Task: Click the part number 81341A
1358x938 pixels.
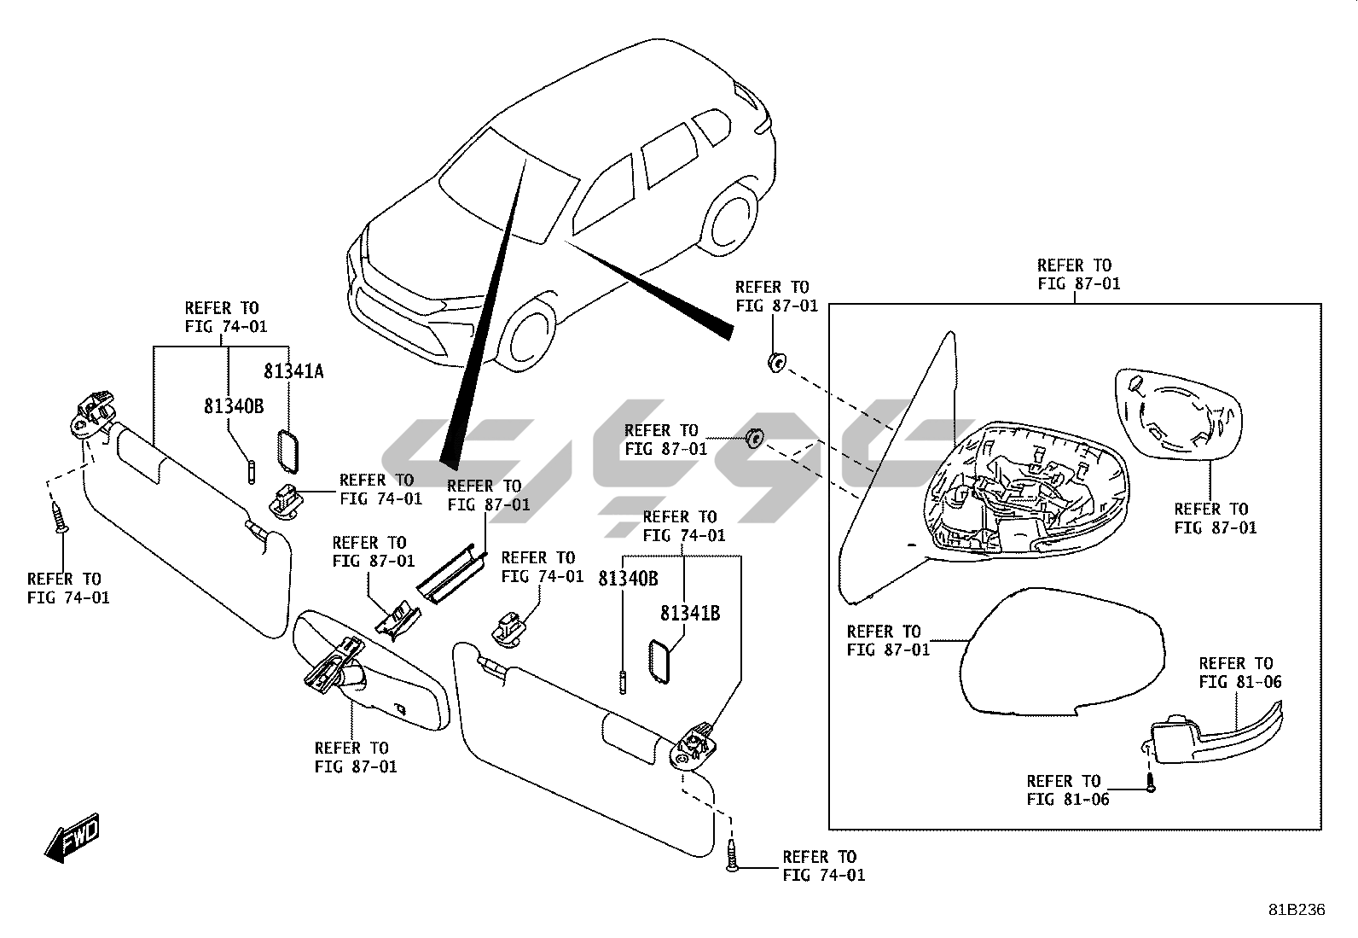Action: (293, 371)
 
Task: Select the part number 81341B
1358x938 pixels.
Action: (689, 613)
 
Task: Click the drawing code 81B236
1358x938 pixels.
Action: (1296, 910)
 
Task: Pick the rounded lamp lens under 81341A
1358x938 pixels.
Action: (288, 450)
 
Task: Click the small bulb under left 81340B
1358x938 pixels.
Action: (251, 471)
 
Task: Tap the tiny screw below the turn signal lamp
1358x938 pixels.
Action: (1150, 786)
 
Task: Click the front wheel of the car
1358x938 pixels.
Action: (530, 336)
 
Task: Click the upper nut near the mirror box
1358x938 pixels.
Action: (775, 363)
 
